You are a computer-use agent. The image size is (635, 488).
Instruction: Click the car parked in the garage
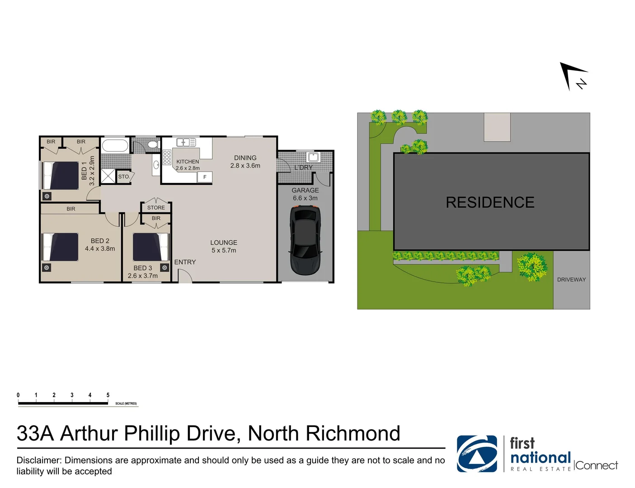coord(306,239)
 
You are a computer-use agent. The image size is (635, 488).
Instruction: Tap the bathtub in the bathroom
coord(115,145)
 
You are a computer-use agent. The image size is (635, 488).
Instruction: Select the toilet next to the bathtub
coord(153,145)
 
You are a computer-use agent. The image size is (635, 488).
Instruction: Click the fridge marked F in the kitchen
coord(205,177)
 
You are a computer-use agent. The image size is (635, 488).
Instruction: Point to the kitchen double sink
coord(186,142)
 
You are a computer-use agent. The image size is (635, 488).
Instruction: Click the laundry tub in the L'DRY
coord(313,157)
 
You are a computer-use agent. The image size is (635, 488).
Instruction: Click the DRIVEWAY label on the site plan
coord(571,280)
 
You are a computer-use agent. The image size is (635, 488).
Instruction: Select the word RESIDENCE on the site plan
coord(490,202)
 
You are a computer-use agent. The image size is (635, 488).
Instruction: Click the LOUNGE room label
coord(224,243)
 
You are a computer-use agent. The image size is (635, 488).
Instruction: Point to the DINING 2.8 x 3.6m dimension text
coord(245,165)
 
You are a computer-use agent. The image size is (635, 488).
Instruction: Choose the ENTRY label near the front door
coord(185,262)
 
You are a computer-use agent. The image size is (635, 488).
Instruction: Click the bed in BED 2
coord(61,247)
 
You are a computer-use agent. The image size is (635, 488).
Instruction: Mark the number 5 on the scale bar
coord(108,395)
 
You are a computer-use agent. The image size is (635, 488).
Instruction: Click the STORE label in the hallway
coord(156,208)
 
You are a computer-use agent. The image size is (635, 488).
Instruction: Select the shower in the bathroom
coord(108,176)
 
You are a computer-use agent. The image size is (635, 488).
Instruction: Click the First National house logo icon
coord(477,454)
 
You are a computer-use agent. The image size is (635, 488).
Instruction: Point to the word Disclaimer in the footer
coord(39,460)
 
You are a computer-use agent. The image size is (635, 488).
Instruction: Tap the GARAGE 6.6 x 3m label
coord(305,194)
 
